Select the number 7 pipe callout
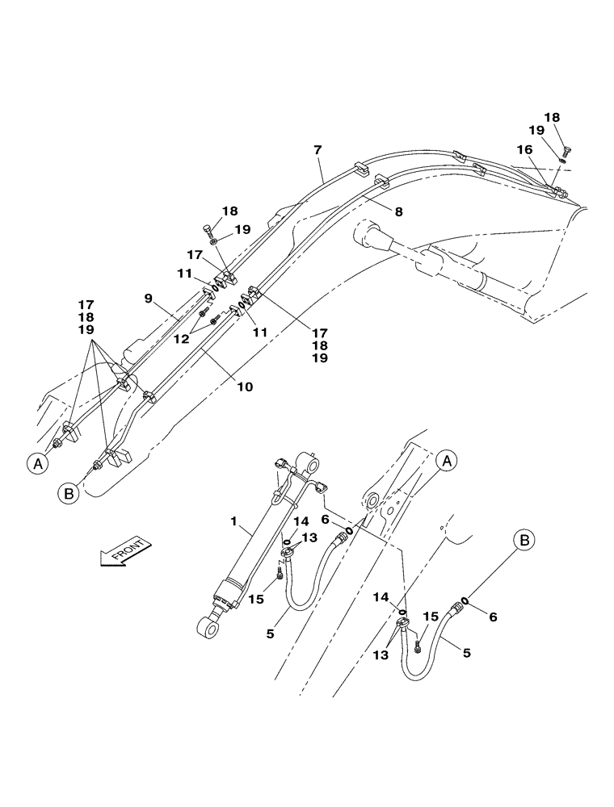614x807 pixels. pos(318,150)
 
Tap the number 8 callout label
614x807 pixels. pos(398,212)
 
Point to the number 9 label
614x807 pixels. pos(149,298)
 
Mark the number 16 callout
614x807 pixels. pos(524,150)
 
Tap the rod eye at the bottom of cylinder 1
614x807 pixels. pos(208,625)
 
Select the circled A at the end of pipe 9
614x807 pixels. pos(36,463)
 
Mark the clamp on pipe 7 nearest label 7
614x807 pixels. pos(360,172)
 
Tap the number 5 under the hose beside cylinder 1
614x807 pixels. pos(270,633)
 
